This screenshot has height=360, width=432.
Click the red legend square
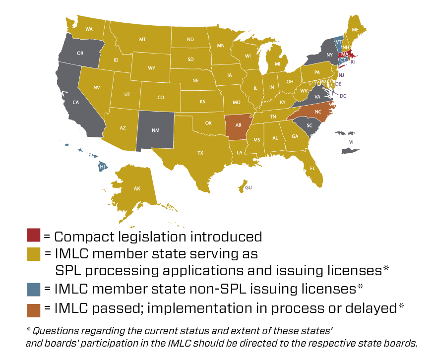(34, 235)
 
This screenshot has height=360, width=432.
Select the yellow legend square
(34, 254)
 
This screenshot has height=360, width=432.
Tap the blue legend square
(34, 290)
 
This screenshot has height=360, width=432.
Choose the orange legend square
(34, 310)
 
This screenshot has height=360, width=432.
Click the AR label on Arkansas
(239, 125)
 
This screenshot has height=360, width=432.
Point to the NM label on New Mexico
(155, 130)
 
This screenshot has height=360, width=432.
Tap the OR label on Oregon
(80, 53)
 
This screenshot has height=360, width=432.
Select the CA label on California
(76, 103)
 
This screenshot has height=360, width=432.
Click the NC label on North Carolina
(318, 112)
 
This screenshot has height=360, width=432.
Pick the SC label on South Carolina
(309, 125)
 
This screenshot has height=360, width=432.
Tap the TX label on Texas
(200, 153)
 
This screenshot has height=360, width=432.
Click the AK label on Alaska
(137, 189)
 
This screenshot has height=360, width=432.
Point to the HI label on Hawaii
(102, 167)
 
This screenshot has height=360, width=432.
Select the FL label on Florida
(312, 169)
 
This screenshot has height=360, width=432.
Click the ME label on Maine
(355, 30)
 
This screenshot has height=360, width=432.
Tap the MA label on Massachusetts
(345, 55)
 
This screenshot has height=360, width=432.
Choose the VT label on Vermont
(338, 42)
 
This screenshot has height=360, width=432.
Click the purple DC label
(343, 96)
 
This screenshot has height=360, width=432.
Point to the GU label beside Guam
(248, 187)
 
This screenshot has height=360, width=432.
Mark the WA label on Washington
(89, 29)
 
